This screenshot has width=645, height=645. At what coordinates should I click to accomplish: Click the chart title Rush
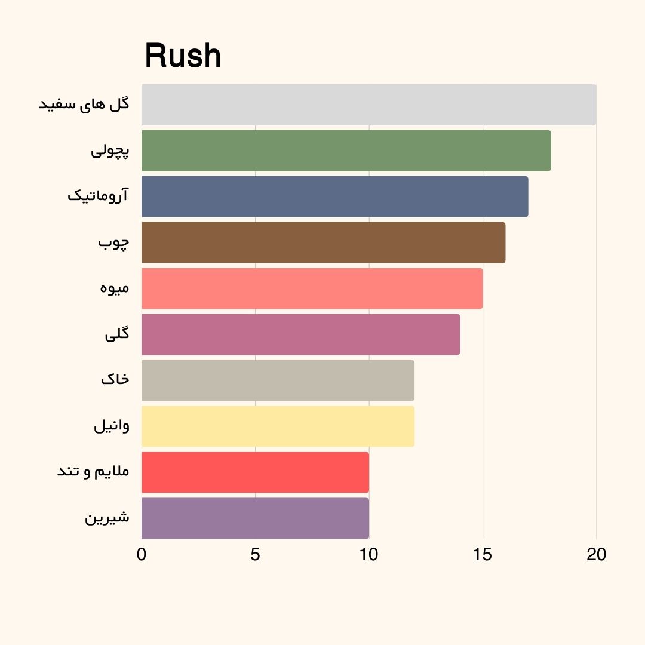coord(183,57)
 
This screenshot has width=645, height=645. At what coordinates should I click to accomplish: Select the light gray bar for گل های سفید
coord(368,105)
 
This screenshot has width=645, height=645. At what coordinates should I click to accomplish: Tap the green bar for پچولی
coord(346,150)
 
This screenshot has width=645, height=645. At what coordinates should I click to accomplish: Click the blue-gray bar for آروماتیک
coord(334,196)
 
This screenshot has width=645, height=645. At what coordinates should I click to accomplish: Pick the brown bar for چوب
coord(323,242)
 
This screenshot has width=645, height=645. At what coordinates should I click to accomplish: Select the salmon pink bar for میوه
coord(312,288)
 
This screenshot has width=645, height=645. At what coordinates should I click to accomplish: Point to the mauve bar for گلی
coord(300,334)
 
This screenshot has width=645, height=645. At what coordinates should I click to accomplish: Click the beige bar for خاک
coord(278,380)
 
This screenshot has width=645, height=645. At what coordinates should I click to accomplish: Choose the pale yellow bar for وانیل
coord(278,426)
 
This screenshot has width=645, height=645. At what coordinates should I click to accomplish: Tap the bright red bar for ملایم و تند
coord(255,472)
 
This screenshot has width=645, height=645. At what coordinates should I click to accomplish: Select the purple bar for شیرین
coord(255,518)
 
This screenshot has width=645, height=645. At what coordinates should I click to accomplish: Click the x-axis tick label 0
coord(142,555)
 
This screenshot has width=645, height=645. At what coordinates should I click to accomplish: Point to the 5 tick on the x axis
coord(255,555)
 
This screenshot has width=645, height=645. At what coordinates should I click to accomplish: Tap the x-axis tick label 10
coord(368,555)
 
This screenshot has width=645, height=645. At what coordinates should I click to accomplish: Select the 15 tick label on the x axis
coord(483,555)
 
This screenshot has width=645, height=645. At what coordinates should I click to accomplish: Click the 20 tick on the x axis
coord(596,555)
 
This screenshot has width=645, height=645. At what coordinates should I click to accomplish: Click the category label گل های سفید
coord(84,105)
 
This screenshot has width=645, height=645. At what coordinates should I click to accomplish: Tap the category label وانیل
coord(112,426)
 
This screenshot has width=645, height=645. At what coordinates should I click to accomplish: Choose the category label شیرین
coord(107,518)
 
